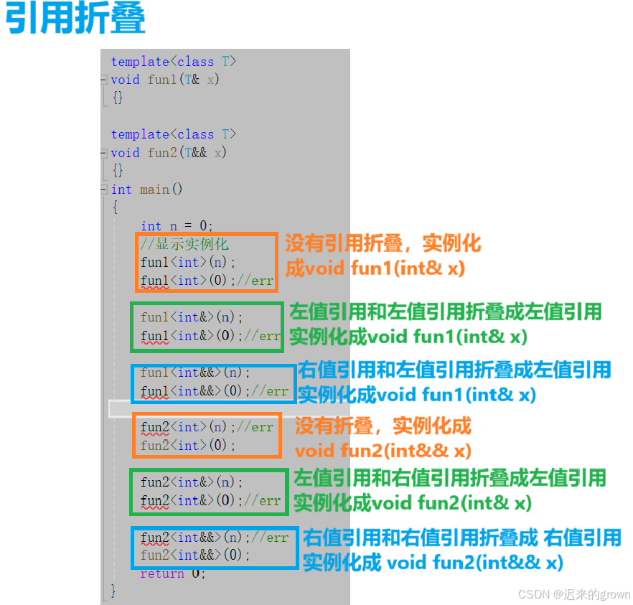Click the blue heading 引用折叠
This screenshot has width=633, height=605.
click(x=75, y=20)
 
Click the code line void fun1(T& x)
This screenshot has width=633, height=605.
click(x=165, y=80)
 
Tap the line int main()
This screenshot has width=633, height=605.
click(x=147, y=189)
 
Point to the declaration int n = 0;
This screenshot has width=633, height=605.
click(x=177, y=225)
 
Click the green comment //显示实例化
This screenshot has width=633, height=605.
click(x=184, y=244)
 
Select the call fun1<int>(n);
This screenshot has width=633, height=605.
click(x=188, y=262)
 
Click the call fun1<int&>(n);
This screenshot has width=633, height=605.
click(x=192, y=317)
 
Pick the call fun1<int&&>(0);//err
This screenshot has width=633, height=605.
click(x=215, y=391)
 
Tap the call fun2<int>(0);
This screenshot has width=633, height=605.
click(x=188, y=446)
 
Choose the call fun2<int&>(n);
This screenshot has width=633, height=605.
click(x=192, y=482)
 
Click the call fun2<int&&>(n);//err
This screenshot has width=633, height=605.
click(x=215, y=538)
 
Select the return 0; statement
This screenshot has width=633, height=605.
click(x=172, y=573)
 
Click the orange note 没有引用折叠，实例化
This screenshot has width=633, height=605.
click(x=383, y=243)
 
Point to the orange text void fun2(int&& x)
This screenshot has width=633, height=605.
click(x=383, y=451)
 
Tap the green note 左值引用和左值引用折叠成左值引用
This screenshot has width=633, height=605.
click(x=445, y=311)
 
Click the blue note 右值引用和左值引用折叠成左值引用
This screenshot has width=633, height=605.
click(x=454, y=370)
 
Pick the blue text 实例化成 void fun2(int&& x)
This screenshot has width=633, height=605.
click(x=433, y=562)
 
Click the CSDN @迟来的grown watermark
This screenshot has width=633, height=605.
click(x=573, y=594)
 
